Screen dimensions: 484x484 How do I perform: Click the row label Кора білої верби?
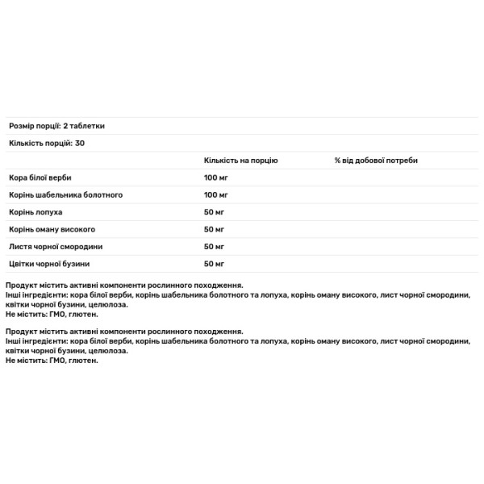[x=39, y=177]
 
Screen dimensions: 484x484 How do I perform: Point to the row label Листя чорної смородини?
[x=56, y=246]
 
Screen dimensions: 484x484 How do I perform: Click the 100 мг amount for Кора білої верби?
[x=217, y=177]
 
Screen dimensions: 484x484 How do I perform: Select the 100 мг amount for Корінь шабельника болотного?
[x=217, y=194]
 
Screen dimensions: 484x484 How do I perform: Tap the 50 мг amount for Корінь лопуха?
[x=215, y=211]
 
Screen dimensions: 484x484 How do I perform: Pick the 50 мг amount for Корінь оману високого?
[x=215, y=229]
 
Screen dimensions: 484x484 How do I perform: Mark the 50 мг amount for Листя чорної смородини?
[x=215, y=246]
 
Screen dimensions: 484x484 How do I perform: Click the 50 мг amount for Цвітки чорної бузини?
[x=215, y=264]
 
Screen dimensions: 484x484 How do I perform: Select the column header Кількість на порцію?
[x=241, y=161]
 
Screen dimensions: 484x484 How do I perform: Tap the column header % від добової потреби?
[x=376, y=161]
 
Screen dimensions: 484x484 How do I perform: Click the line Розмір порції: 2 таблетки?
[x=56, y=126]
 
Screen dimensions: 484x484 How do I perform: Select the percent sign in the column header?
[x=338, y=161]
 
